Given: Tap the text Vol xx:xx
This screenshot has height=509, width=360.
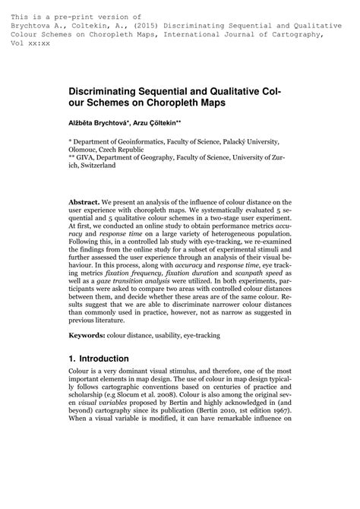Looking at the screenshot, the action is click(30, 43).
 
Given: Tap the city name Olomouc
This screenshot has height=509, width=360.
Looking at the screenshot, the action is click(86, 150).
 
